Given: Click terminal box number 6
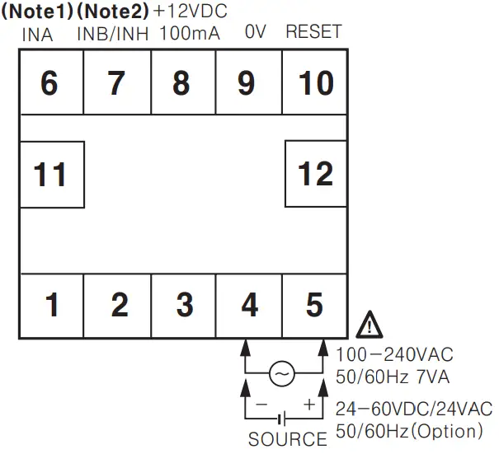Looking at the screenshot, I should [49, 82].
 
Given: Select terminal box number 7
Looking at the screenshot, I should [115, 82].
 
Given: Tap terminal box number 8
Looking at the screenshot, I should [181, 82].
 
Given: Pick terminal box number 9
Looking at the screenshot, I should [248, 82].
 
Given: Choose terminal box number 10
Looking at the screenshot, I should [314, 82].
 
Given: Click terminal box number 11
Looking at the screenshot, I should [50, 174].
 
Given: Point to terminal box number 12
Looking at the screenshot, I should [315, 174].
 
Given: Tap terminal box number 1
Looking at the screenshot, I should [51, 305].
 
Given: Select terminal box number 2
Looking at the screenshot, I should [119, 305].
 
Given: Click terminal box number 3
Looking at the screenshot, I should [184, 305].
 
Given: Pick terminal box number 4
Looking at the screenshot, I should [249, 305].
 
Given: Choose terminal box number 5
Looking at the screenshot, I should [314, 305].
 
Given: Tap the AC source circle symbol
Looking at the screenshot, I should [281, 375].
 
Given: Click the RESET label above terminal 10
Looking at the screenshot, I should [313, 33].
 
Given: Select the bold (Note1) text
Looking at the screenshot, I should [38, 12].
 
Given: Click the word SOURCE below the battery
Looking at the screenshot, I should [287, 440].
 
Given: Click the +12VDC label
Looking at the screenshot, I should [191, 12].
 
